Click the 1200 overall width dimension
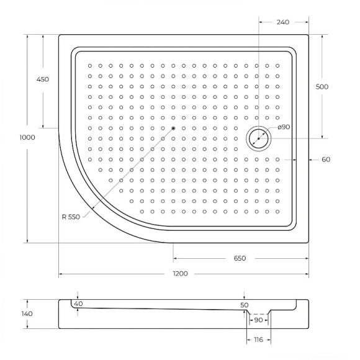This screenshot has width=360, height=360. pyautogui.click(x=181, y=274)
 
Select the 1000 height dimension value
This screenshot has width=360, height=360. pyautogui.click(x=27, y=138)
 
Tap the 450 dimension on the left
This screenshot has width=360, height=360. pyautogui.click(x=43, y=79)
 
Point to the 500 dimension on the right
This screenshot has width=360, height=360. pyautogui.click(x=322, y=87)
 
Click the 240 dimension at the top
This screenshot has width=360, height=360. pyautogui.click(x=283, y=22)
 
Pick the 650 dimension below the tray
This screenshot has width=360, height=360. pyautogui.click(x=240, y=258)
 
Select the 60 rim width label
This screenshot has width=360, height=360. pyautogui.click(x=326, y=160)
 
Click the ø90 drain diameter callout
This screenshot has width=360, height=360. pyautogui.click(x=283, y=127)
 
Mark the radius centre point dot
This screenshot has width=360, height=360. pyautogui.click(x=173, y=128)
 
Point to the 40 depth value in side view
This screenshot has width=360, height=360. pyautogui.click(x=78, y=304)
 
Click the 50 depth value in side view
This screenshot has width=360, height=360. pyautogui.click(x=244, y=305)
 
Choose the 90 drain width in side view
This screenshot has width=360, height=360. pyautogui.click(x=258, y=320)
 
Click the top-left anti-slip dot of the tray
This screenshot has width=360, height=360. pyautogui.click(x=90, y=65)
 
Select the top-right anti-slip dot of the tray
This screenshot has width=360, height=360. pyautogui.click(x=277, y=65)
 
